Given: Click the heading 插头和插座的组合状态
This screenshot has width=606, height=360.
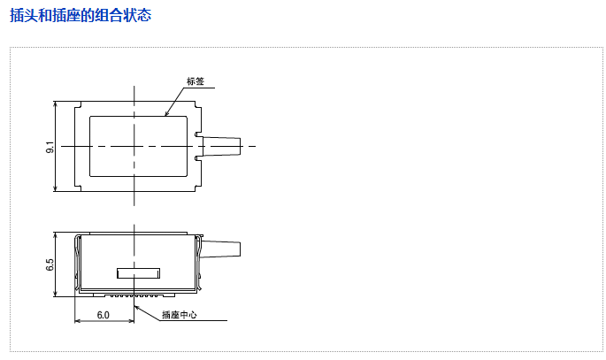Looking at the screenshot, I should (x=81, y=16).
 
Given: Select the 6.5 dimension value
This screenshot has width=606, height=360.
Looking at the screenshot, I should (x=50, y=264).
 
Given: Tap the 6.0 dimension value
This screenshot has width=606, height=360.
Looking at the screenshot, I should (x=103, y=315).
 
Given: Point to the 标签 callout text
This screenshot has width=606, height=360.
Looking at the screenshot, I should (x=196, y=81).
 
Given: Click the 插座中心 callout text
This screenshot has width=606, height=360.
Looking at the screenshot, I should (x=180, y=315).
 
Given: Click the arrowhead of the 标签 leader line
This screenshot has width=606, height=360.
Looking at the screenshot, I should (x=166, y=114).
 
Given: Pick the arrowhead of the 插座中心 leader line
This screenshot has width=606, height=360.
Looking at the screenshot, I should (x=137, y=304).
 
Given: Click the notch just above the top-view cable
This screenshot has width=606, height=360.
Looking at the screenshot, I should (x=196, y=134).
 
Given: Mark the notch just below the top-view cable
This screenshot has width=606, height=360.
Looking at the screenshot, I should (x=196, y=158).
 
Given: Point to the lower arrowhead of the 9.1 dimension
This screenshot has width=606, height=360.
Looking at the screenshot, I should (x=56, y=188).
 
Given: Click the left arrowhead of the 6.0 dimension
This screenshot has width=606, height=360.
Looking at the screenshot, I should (x=77, y=320).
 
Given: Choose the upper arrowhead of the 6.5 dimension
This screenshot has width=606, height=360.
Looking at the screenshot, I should (x=56, y=235).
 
